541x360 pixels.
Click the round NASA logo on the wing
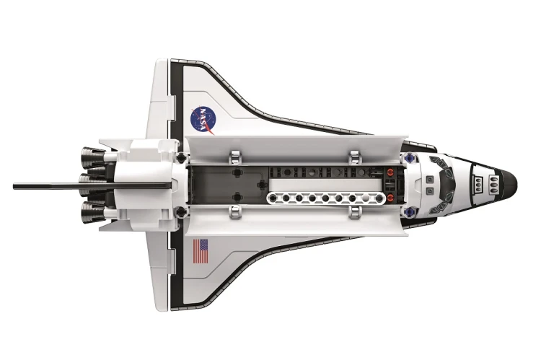(203, 120)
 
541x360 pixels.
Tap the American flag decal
(201, 251)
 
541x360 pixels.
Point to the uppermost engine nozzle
(92, 155)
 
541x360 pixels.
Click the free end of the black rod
(14, 186)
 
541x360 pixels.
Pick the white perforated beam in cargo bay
(326, 198)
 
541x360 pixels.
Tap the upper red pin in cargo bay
(390, 171)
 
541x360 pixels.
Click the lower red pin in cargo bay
(390, 197)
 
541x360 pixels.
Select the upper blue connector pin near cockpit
(410, 157)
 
